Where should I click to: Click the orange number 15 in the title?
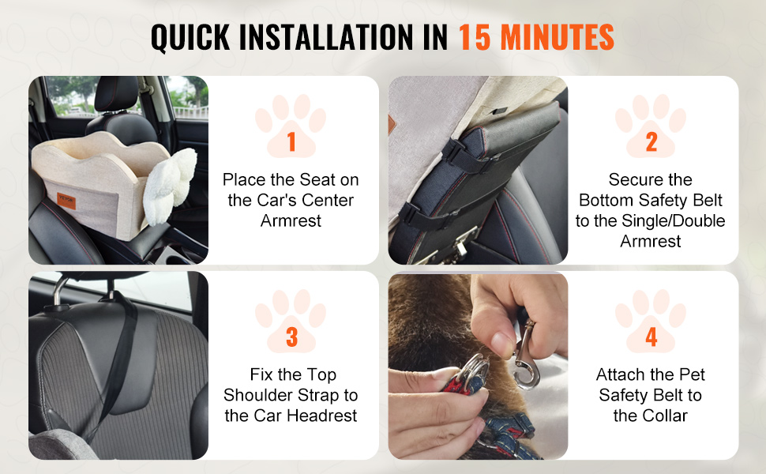[475, 37]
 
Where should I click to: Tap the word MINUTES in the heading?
[558, 37]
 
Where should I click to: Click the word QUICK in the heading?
[190, 38]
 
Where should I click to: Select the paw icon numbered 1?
[291, 126]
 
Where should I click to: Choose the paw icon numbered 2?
[651, 126]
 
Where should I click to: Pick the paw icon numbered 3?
[291, 321]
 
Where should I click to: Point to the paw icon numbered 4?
[651, 321]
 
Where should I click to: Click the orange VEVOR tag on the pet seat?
[66, 201]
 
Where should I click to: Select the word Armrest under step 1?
[291, 221]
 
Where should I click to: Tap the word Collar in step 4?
[664, 416]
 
